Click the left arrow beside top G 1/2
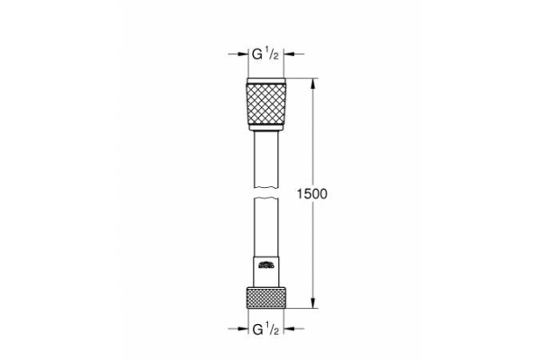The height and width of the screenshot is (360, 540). coord(242,54)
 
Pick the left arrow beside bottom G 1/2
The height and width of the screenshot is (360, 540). coord(242,329)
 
